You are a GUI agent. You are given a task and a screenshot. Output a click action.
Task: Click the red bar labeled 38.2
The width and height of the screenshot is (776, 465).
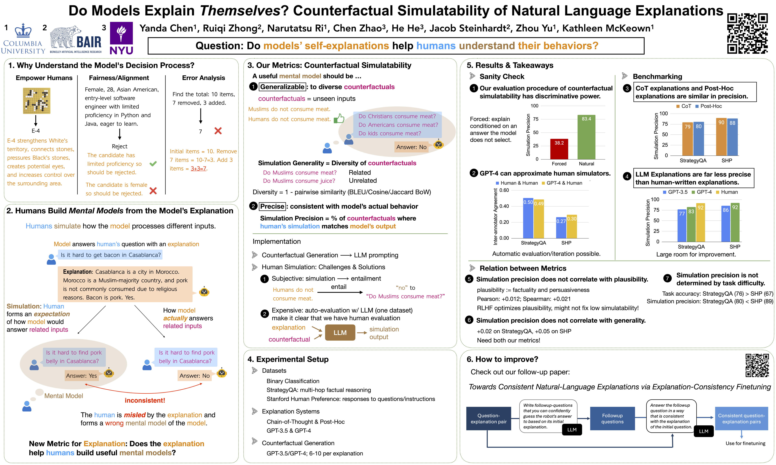pyautogui.click(x=559, y=149)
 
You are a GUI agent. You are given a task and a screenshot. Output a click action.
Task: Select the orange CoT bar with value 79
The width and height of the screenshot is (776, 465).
pyautogui.click(x=687, y=139)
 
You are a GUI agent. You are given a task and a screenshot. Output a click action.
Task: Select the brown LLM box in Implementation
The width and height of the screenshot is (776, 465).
pyautogui.click(x=340, y=332)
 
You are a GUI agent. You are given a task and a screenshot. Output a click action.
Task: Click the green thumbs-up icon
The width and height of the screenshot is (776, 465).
pyautogui.click(x=339, y=119)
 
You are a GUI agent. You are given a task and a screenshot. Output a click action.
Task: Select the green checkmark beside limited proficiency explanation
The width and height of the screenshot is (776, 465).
pyautogui.click(x=153, y=164)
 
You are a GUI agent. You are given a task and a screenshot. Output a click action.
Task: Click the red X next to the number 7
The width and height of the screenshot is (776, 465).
pyautogui.click(x=218, y=131)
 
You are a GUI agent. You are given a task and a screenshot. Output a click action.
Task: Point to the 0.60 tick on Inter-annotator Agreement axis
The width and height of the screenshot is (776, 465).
pyautogui.click(x=504, y=190)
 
